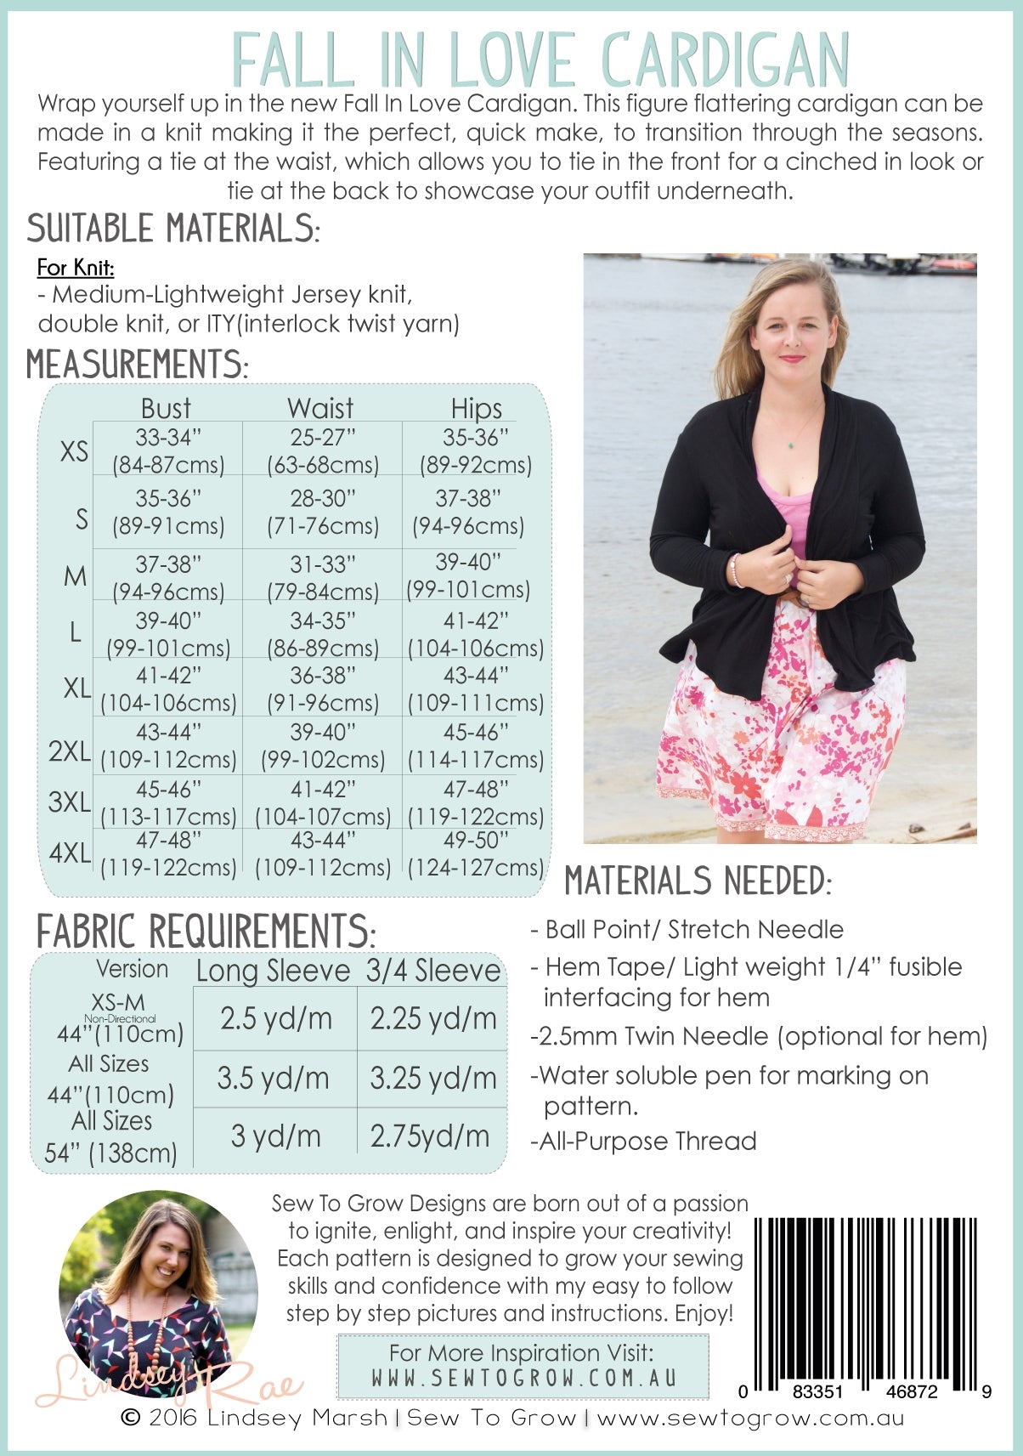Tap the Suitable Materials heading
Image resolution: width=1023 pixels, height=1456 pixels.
pyautogui.click(x=173, y=229)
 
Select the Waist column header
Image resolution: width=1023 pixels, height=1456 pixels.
pyautogui.click(x=320, y=408)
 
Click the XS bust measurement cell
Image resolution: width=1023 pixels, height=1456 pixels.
pyautogui.click(x=168, y=450)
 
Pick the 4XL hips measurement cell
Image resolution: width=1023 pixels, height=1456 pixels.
pyautogui.click(x=475, y=853)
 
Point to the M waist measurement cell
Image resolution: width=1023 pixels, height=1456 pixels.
pyautogui.click(x=322, y=577)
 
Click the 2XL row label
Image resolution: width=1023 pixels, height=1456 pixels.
pyautogui.click(x=69, y=751)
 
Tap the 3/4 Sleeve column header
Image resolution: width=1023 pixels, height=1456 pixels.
pyautogui.click(x=433, y=971)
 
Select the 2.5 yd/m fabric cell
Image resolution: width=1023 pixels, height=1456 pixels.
pyautogui.click(x=275, y=1018)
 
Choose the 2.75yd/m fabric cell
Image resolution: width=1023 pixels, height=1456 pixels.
pyautogui.click(x=430, y=1136)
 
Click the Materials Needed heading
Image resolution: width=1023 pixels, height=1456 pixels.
pyautogui.click(x=698, y=881)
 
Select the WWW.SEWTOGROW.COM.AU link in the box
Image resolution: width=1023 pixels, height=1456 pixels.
pyautogui.click(x=523, y=1378)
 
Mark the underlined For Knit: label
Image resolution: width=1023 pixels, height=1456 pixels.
pyautogui.click(x=76, y=267)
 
